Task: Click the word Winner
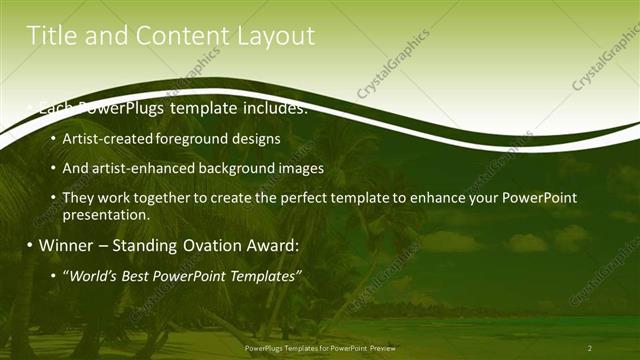(70, 245)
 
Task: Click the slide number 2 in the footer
(590, 348)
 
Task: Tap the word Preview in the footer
(377, 348)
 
